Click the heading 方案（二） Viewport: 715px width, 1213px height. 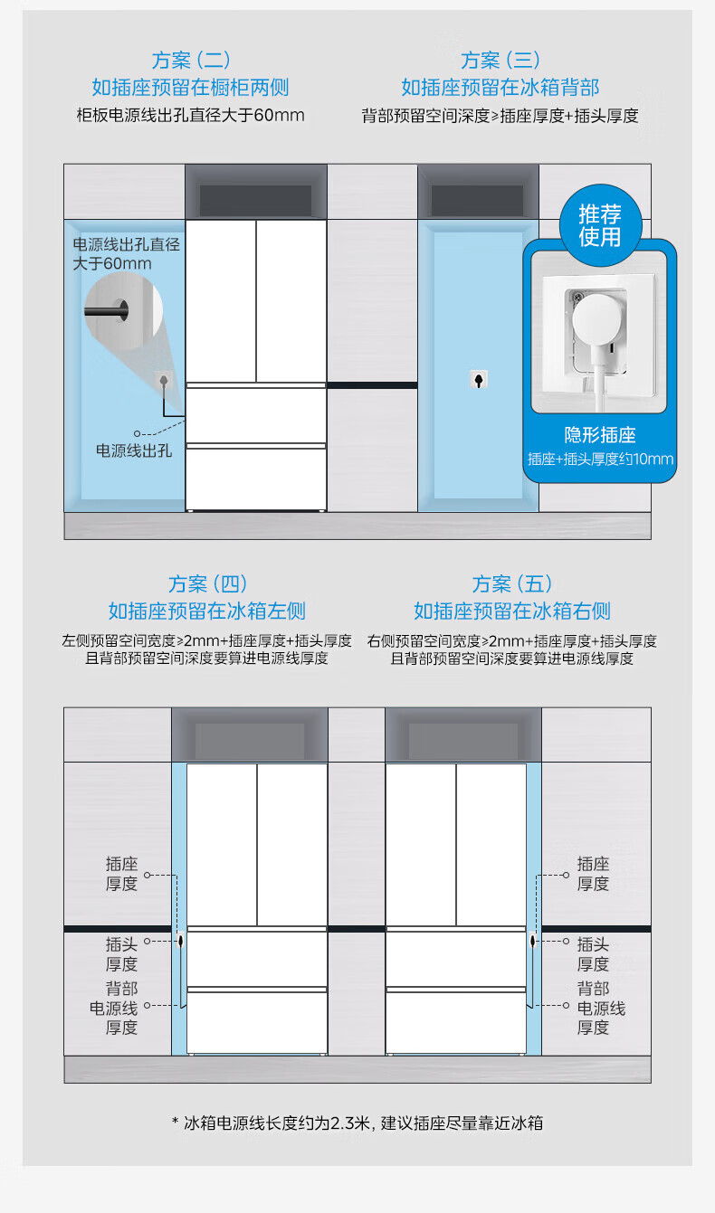pos(191,60)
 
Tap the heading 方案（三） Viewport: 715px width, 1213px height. pos(500,60)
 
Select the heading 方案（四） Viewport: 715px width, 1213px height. pos(207,583)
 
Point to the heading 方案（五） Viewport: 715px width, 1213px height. pos(512,583)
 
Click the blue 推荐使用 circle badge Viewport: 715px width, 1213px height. pos(600,225)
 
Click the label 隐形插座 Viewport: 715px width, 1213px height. pos(600,435)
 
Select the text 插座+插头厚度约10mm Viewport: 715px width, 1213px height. pos(600,460)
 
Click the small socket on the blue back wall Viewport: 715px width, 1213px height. pos(478,380)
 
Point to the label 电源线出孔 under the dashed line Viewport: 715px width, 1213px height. pos(134,450)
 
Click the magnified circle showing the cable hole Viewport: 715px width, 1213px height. pos(123,310)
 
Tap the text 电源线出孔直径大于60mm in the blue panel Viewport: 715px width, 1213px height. pos(126,254)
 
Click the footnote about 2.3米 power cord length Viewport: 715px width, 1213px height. pos(357,1123)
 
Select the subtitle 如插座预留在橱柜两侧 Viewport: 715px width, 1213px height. pos(191,87)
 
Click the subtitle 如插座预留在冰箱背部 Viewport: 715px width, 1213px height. pos(500,87)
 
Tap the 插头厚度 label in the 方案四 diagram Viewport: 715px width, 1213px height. pos(121,954)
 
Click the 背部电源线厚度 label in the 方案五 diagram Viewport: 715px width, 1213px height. pos(601,1009)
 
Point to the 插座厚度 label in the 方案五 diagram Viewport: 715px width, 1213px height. pos(593,874)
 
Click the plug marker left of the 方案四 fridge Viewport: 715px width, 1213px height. pos(180,941)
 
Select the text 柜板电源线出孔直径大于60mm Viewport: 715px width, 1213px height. pos(191,116)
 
